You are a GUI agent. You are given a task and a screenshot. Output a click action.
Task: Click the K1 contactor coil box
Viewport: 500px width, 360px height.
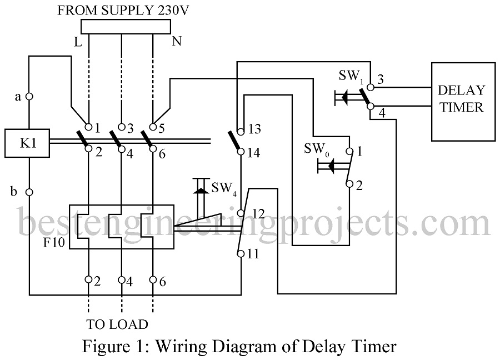[x=27, y=143]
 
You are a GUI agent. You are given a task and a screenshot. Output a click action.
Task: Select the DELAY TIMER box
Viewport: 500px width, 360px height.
[x=463, y=102]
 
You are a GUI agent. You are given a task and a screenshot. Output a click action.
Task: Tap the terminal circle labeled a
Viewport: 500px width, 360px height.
[x=29, y=96]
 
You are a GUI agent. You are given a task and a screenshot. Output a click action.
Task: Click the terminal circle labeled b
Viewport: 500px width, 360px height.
[x=29, y=192]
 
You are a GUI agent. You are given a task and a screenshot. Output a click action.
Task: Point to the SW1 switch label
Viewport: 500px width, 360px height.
[x=351, y=77]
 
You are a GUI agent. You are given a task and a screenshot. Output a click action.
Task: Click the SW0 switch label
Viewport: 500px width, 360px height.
[x=317, y=149]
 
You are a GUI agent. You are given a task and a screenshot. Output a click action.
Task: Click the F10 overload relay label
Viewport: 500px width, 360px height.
[x=54, y=243]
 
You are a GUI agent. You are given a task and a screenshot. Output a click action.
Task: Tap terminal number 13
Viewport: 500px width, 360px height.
[x=254, y=129]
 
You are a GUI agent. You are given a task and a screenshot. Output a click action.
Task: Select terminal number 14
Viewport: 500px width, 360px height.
[x=254, y=153]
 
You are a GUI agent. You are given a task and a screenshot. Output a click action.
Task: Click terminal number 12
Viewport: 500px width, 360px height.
[x=258, y=214]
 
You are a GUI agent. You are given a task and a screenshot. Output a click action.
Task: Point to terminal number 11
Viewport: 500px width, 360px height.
[x=253, y=254]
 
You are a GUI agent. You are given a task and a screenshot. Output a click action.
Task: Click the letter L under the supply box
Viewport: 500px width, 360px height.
[x=78, y=42]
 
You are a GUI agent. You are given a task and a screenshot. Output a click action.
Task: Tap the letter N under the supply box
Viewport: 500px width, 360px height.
[x=177, y=41]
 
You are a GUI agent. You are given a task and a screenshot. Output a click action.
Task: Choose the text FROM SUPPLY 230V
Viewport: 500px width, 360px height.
[x=123, y=11]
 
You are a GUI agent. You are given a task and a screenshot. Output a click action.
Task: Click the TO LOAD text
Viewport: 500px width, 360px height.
[x=117, y=324]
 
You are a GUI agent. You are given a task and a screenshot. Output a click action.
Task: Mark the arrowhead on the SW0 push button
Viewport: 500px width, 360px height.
[x=331, y=166]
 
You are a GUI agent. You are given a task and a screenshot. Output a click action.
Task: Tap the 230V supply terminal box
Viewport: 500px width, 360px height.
[x=126, y=27]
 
